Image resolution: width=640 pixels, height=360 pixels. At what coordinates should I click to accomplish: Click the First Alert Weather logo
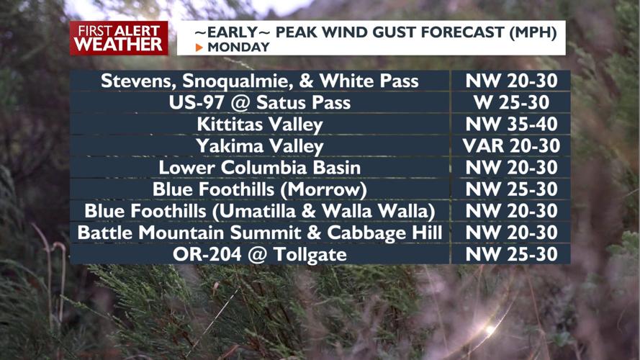click(119, 37)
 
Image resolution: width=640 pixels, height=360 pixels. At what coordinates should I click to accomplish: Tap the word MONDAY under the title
click(238, 48)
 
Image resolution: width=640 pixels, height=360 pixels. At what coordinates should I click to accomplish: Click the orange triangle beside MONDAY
click(199, 48)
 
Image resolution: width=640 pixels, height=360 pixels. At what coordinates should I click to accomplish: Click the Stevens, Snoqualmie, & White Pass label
click(260, 81)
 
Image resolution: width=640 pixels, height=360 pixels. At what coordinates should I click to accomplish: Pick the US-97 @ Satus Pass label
click(260, 102)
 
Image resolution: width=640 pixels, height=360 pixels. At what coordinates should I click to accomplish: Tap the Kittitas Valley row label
click(260, 124)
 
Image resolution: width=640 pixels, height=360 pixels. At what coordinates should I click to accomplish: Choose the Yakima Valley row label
click(260, 146)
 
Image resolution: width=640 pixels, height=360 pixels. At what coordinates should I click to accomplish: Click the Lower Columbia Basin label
click(260, 168)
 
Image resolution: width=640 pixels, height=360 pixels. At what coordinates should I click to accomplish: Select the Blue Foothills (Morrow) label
click(260, 189)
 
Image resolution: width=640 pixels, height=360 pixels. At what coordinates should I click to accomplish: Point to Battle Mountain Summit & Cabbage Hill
click(260, 233)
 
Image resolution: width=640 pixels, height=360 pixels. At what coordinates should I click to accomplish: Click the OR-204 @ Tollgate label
click(260, 254)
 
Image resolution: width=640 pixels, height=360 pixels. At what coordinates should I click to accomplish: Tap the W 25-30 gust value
click(511, 102)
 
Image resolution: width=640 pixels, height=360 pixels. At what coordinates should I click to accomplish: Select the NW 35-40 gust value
click(511, 124)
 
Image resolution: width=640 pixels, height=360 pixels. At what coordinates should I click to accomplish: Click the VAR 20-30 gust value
click(511, 146)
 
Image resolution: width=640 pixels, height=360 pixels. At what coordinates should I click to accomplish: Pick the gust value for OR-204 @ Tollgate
click(511, 254)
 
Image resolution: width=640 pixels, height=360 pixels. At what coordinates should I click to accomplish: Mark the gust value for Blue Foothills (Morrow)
click(511, 189)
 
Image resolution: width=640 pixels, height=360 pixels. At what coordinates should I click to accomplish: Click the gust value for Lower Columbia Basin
click(511, 168)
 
